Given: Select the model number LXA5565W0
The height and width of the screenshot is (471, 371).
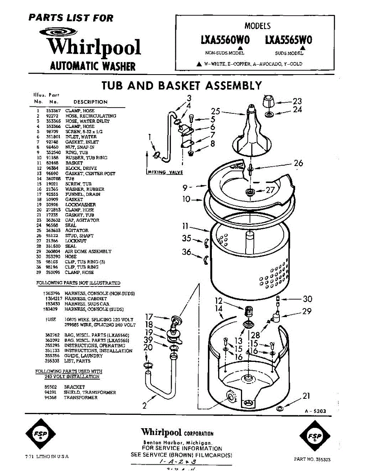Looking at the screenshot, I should [288, 40].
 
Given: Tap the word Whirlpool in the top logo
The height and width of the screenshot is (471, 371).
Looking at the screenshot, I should [94, 47].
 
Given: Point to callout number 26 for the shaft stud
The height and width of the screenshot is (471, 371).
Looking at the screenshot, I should [298, 163].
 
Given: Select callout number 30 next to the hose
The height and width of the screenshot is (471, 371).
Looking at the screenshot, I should [307, 299].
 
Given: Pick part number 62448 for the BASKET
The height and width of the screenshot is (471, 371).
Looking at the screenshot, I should [51, 163].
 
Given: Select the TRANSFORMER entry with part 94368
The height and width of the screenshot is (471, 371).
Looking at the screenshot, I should [80, 398].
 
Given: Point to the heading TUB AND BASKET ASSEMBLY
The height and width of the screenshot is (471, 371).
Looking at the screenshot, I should [182, 86].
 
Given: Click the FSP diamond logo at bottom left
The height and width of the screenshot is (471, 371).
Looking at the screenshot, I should [40, 434].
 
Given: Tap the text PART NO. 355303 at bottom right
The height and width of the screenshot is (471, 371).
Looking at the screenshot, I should [312, 459].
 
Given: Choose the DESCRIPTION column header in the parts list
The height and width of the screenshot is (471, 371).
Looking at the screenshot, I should [90, 102].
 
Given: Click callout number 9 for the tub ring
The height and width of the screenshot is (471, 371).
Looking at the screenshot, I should [186, 188].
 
